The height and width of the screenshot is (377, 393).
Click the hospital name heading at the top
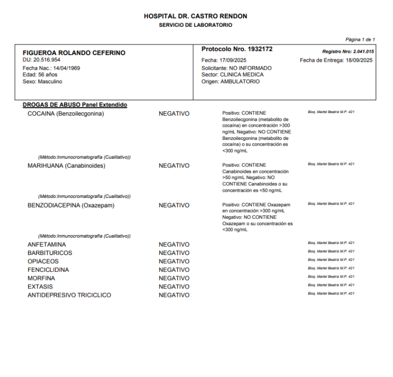(x=195, y=16)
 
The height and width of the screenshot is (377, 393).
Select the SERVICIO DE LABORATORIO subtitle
(x=195, y=25)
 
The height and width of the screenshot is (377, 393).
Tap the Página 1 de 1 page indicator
(x=360, y=39)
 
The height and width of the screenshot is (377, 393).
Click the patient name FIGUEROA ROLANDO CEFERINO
(x=74, y=53)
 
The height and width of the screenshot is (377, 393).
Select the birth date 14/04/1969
(x=66, y=68)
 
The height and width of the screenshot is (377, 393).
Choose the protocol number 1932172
(x=258, y=49)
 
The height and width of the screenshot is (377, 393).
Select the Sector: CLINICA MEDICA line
(x=232, y=75)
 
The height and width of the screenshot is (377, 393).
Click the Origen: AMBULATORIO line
(x=230, y=82)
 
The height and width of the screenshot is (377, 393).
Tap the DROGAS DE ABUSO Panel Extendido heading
(x=75, y=105)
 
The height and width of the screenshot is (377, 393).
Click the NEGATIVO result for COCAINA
(x=174, y=114)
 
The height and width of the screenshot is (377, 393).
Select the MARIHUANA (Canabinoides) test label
(x=66, y=166)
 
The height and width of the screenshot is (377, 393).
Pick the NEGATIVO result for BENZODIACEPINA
(x=174, y=206)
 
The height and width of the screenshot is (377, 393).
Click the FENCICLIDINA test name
(x=48, y=270)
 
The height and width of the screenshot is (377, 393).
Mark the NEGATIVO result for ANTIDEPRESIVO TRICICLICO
(x=174, y=295)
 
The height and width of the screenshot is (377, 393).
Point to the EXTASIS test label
(x=40, y=287)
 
